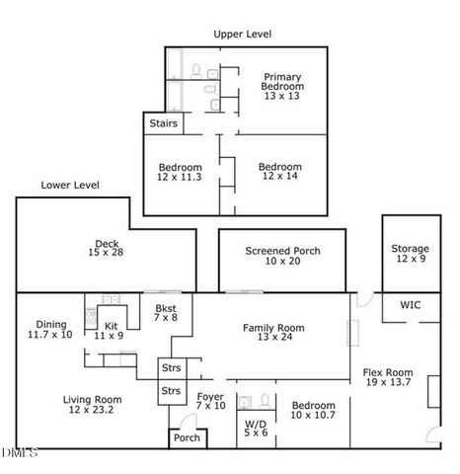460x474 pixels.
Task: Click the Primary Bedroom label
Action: click(282, 86)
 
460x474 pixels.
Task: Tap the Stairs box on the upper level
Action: click(163, 124)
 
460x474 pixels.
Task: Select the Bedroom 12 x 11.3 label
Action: click(181, 172)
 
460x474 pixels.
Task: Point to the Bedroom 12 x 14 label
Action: click(281, 172)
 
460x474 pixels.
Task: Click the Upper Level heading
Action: click(243, 34)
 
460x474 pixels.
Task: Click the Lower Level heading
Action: click(70, 185)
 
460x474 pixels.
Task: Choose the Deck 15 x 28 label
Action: click(107, 248)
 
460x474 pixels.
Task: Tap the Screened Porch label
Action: click(282, 256)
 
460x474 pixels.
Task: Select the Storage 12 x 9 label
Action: click(410, 254)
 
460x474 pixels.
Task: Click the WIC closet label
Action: click(410, 305)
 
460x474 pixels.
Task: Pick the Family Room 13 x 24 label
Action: click(274, 333)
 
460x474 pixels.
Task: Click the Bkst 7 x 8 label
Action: click(166, 313)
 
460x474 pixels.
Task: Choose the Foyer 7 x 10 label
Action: click(210, 401)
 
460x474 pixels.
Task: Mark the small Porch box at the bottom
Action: click(186, 437)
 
